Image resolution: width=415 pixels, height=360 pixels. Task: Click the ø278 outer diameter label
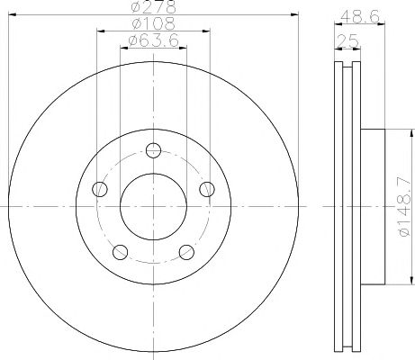(153, 6)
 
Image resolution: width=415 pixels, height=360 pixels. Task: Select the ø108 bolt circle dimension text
(153, 23)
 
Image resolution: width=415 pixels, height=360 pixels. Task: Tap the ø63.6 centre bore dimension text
(153, 40)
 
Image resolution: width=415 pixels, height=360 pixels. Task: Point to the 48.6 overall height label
(360, 16)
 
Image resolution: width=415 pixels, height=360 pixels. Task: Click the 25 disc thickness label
(348, 41)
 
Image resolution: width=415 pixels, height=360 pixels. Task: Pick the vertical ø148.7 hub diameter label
(404, 206)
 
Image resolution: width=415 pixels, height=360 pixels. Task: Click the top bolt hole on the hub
(153, 150)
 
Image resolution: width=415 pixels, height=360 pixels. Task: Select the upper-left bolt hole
(100, 189)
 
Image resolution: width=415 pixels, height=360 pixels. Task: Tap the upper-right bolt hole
(207, 189)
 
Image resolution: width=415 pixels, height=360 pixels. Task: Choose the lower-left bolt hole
(121, 252)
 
